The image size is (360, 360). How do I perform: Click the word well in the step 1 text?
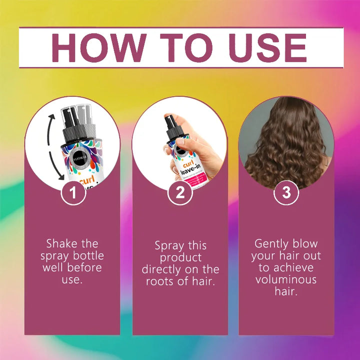[x=53, y=267]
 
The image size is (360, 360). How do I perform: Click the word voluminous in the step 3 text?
[x=286, y=279]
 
